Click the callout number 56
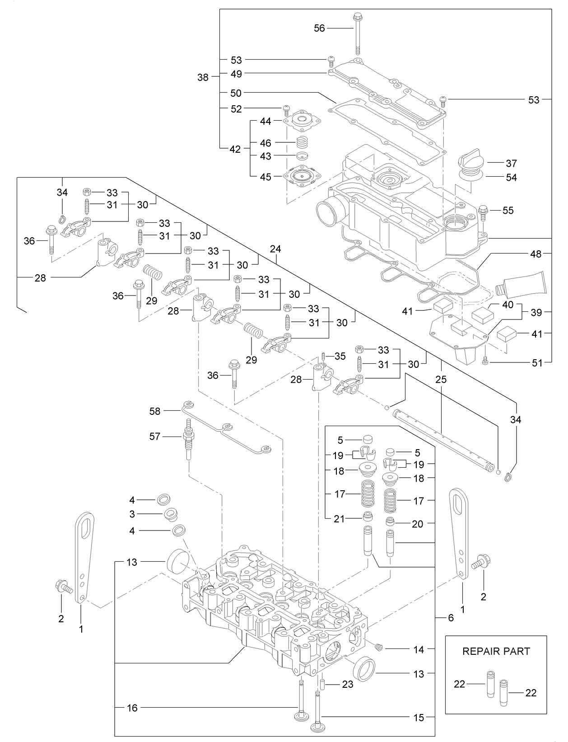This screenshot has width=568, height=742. [319, 28]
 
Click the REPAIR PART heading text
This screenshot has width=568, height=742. [496, 651]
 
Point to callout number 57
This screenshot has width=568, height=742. [155, 437]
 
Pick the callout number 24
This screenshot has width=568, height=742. [275, 249]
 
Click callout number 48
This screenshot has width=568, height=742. [535, 254]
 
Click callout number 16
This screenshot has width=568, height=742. [132, 708]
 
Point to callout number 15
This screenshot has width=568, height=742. [419, 717]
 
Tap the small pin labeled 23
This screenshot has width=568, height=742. [323, 684]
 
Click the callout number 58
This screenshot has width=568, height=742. [155, 411]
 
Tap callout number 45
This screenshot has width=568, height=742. [265, 177]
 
